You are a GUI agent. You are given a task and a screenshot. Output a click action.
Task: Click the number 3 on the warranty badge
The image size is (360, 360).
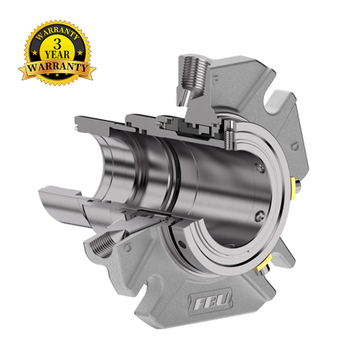pos(57,43)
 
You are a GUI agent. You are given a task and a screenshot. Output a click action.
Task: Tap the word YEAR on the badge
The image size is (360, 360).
pos(57,54)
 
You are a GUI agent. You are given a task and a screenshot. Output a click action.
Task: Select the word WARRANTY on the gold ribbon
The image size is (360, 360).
pos(57,67)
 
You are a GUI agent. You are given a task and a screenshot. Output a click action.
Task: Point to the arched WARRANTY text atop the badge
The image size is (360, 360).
pos(57,32)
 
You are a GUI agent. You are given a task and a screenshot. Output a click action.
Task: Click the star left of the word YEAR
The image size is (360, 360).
pos(35,53)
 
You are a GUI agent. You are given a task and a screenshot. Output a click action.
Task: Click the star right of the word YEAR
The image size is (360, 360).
pos(80,52)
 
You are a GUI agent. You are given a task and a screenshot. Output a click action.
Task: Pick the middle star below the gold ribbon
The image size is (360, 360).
pos(56,75)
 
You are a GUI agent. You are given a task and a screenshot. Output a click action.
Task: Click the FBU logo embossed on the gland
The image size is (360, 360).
pos(211,299)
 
